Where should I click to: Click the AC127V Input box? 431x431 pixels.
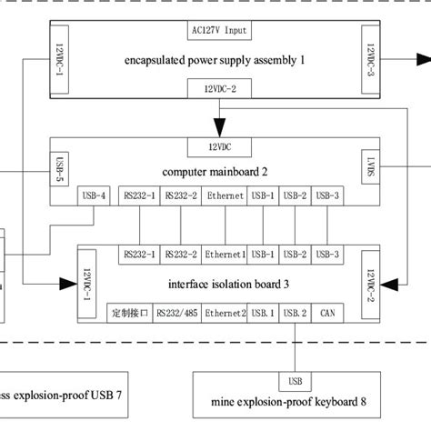click(216, 30)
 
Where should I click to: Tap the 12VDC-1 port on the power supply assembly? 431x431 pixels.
click(59, 58)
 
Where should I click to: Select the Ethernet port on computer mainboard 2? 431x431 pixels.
click(225, 195)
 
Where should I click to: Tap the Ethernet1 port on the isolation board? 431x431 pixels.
click(225, 254)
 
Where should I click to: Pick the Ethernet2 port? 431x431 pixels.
click(225, 314)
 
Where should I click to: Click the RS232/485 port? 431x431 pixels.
click(179, 314)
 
